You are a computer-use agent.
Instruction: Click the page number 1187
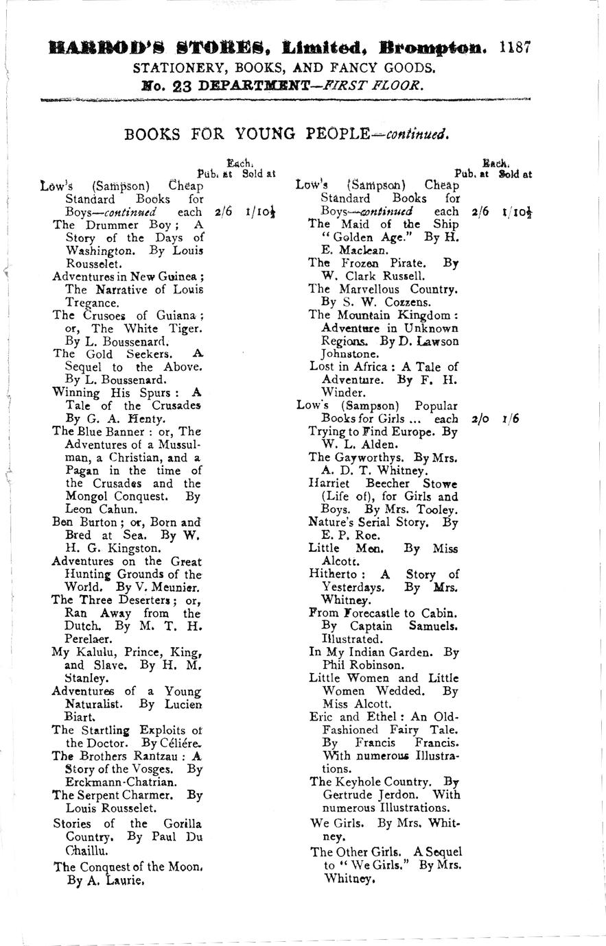pyautogui.click(x=515, y=48)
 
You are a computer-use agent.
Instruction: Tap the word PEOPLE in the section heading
pyautogui.click(x=333, y=134)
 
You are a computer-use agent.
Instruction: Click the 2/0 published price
pyautogui.click(x=480, y=418)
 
